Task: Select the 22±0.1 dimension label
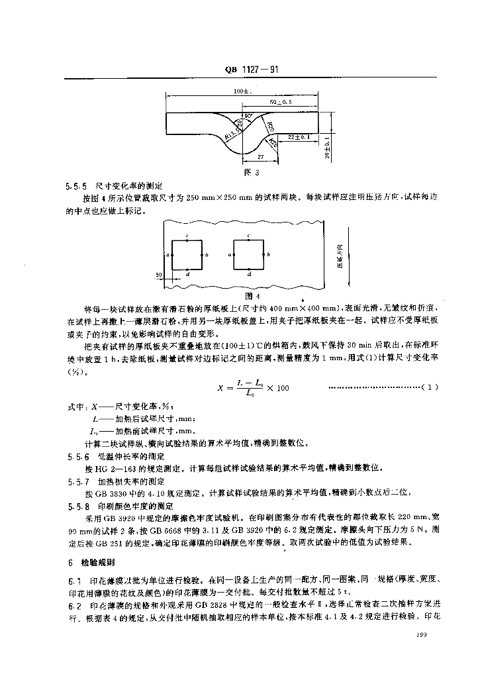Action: (x=300, y=137)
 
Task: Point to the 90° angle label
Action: (x=248, y=117)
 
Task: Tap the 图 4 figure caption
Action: (x=250, y=295)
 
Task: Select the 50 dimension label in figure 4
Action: (x=159, y=273)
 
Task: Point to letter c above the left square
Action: (x=187, y=236)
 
